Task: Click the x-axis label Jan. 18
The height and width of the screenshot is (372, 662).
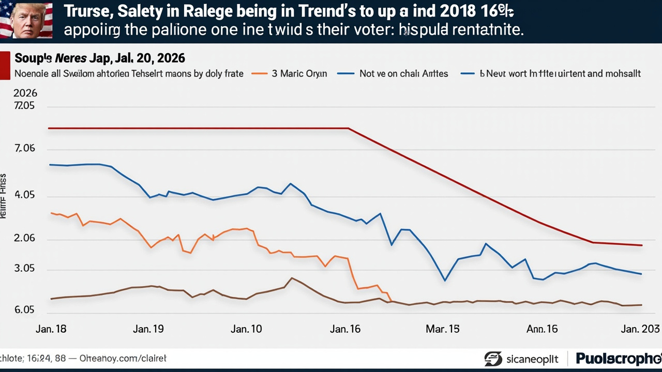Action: click(x=51, y=329)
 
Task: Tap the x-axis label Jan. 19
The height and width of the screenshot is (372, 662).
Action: click(x=148, y=329)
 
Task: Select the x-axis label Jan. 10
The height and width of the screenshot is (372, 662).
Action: click(x=246, y=329)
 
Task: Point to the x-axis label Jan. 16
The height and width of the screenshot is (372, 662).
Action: click(x=345, y=329)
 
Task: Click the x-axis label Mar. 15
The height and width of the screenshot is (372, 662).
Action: click(x=443, y=329)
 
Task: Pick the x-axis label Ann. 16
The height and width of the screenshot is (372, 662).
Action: click(x=541, y=329)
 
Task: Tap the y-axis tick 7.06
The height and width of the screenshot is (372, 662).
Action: click(x=24, y=149)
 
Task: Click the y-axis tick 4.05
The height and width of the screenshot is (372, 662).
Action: click(x=24, y=195)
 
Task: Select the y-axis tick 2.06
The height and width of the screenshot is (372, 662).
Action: click(x=24, y=239)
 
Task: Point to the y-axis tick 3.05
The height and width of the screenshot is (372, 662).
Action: click(x=24, y=269)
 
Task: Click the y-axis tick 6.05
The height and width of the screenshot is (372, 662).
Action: click(x=24, y=310)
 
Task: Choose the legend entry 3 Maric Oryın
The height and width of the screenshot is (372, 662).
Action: click(x=299, y=73)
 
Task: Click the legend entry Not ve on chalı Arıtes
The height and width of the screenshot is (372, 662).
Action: click(x=403, y=73)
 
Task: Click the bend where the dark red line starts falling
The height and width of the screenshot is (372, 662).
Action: click(x=349, y=128)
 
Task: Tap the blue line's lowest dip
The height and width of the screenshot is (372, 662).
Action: click(x=445, y=281)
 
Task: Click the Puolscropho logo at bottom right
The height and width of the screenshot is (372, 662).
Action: click(x=618, y=358)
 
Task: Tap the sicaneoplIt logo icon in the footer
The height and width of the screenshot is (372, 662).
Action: click(x=493, y=359)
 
